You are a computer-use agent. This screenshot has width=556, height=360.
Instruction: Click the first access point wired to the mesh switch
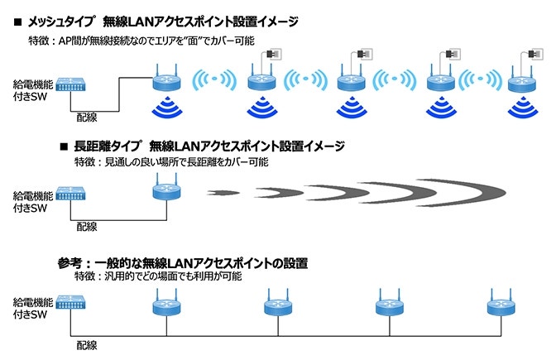pos(165,80)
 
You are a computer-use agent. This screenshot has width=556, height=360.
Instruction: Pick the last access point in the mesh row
pos(521,80)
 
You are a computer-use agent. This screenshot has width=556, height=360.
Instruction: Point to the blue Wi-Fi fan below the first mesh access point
pos(165,108)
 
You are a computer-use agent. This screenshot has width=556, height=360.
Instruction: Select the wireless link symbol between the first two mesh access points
pos(213,81)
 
